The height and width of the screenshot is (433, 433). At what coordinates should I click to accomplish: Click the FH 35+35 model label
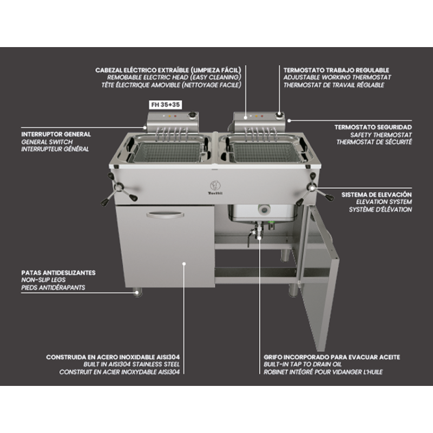click(166, 104)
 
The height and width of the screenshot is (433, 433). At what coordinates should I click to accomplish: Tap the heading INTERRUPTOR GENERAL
click(56, 134)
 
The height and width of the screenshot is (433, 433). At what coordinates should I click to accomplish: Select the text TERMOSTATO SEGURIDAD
click(373, 127)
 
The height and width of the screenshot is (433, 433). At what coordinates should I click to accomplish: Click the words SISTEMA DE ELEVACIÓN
click(376, 194)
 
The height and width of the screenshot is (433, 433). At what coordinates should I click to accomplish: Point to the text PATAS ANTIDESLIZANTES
click(58, 273)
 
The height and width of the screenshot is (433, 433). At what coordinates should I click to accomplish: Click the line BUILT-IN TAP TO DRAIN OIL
click(303, 364)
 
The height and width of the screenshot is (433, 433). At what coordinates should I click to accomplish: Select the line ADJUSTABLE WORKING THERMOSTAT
click(337, 77)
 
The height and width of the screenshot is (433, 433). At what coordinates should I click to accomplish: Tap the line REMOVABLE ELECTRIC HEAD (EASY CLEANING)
click(174, 77)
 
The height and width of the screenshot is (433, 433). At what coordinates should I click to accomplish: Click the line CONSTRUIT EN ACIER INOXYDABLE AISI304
click(119, 372)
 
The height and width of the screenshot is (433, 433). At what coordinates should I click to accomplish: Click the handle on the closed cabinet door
click(165, 214)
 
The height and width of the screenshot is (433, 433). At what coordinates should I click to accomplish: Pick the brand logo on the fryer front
click(215, 187)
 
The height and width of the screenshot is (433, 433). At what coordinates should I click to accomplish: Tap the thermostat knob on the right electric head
click(279, 115)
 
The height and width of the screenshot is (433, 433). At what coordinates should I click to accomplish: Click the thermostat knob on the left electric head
click(192, 115)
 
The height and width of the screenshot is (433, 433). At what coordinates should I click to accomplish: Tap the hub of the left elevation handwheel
click(119, 188)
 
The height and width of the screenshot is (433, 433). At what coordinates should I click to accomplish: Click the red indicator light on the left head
click(175, 116)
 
